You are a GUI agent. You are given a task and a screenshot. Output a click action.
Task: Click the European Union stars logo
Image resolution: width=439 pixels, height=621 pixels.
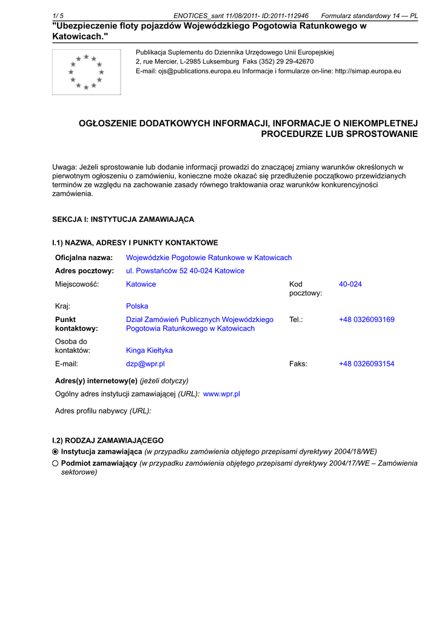point(86,72)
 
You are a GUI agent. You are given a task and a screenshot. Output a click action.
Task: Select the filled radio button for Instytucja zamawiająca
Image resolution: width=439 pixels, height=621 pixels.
point(56,452)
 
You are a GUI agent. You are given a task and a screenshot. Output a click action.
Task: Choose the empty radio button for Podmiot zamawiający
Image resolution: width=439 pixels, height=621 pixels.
point(56,463)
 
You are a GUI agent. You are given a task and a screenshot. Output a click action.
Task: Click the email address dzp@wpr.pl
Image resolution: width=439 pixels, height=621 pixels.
point(146,364)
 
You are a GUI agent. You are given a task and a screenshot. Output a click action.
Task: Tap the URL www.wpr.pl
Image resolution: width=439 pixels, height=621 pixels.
point(221,394)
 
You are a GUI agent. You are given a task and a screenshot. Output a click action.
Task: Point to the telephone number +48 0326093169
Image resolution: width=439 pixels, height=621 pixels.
point(366,320)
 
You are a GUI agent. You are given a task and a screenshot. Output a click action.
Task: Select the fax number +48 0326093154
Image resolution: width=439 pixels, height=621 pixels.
point(366,364)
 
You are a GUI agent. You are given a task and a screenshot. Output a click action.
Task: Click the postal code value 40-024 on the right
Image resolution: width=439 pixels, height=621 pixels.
point(350,284)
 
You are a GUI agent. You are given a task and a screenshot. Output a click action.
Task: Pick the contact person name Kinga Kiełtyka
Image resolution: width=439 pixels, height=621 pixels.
point(149,351)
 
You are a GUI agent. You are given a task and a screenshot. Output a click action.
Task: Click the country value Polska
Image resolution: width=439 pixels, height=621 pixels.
point(137,306)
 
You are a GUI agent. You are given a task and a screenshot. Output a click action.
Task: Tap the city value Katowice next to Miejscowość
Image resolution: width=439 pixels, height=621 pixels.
point(141,284)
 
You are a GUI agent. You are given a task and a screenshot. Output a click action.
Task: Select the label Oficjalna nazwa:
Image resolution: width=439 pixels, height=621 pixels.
point(84,258)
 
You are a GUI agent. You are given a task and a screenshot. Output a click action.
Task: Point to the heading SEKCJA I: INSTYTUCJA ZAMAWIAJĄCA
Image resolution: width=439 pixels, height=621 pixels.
point(123,220)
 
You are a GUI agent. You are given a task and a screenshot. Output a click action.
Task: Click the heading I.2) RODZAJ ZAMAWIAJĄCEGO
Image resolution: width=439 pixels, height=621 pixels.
point(108,441)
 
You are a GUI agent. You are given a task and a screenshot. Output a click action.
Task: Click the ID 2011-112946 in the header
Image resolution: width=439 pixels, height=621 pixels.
point(285,16)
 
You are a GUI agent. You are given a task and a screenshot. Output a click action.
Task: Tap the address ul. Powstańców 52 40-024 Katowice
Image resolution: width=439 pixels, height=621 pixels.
point(185,271)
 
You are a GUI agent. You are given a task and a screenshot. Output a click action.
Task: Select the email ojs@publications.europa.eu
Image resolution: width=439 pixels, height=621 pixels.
point(199,71)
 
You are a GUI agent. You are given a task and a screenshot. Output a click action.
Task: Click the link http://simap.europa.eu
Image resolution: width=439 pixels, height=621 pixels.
point(367,71)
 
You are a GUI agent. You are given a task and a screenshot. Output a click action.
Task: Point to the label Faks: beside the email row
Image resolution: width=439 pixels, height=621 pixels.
point(298,364)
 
